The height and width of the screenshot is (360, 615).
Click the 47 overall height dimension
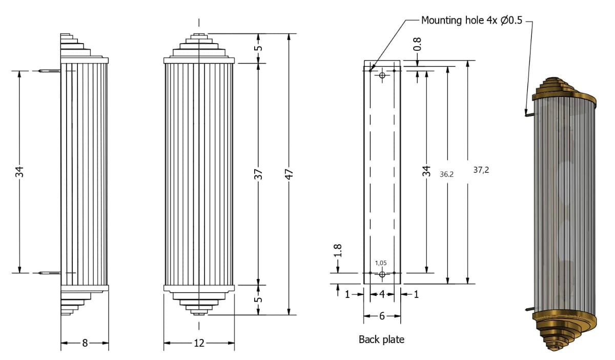[289, 174]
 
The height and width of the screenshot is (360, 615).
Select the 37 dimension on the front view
[259, 174]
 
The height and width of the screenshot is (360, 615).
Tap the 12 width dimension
[199, 343]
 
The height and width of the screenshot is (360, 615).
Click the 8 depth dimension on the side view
[85, 343]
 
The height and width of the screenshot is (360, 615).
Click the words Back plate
[381, 339]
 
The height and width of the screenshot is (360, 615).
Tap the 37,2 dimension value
[481, 170]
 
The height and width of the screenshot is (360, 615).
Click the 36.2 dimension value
[447, 174]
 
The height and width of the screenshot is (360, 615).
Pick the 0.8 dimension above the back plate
[418, 44]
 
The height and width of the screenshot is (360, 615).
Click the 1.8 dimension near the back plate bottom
[338, 251]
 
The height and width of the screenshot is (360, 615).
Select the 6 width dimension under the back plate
[382, 316]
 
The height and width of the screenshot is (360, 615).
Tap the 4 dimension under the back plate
[382, 294]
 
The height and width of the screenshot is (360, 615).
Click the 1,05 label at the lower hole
[381, 263]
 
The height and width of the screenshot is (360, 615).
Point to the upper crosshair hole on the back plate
[382, 76]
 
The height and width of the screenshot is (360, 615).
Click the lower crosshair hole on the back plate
[382, 274]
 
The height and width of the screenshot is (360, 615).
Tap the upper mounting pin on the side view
[49, 70]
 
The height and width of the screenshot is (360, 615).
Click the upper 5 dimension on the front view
[259, 48]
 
